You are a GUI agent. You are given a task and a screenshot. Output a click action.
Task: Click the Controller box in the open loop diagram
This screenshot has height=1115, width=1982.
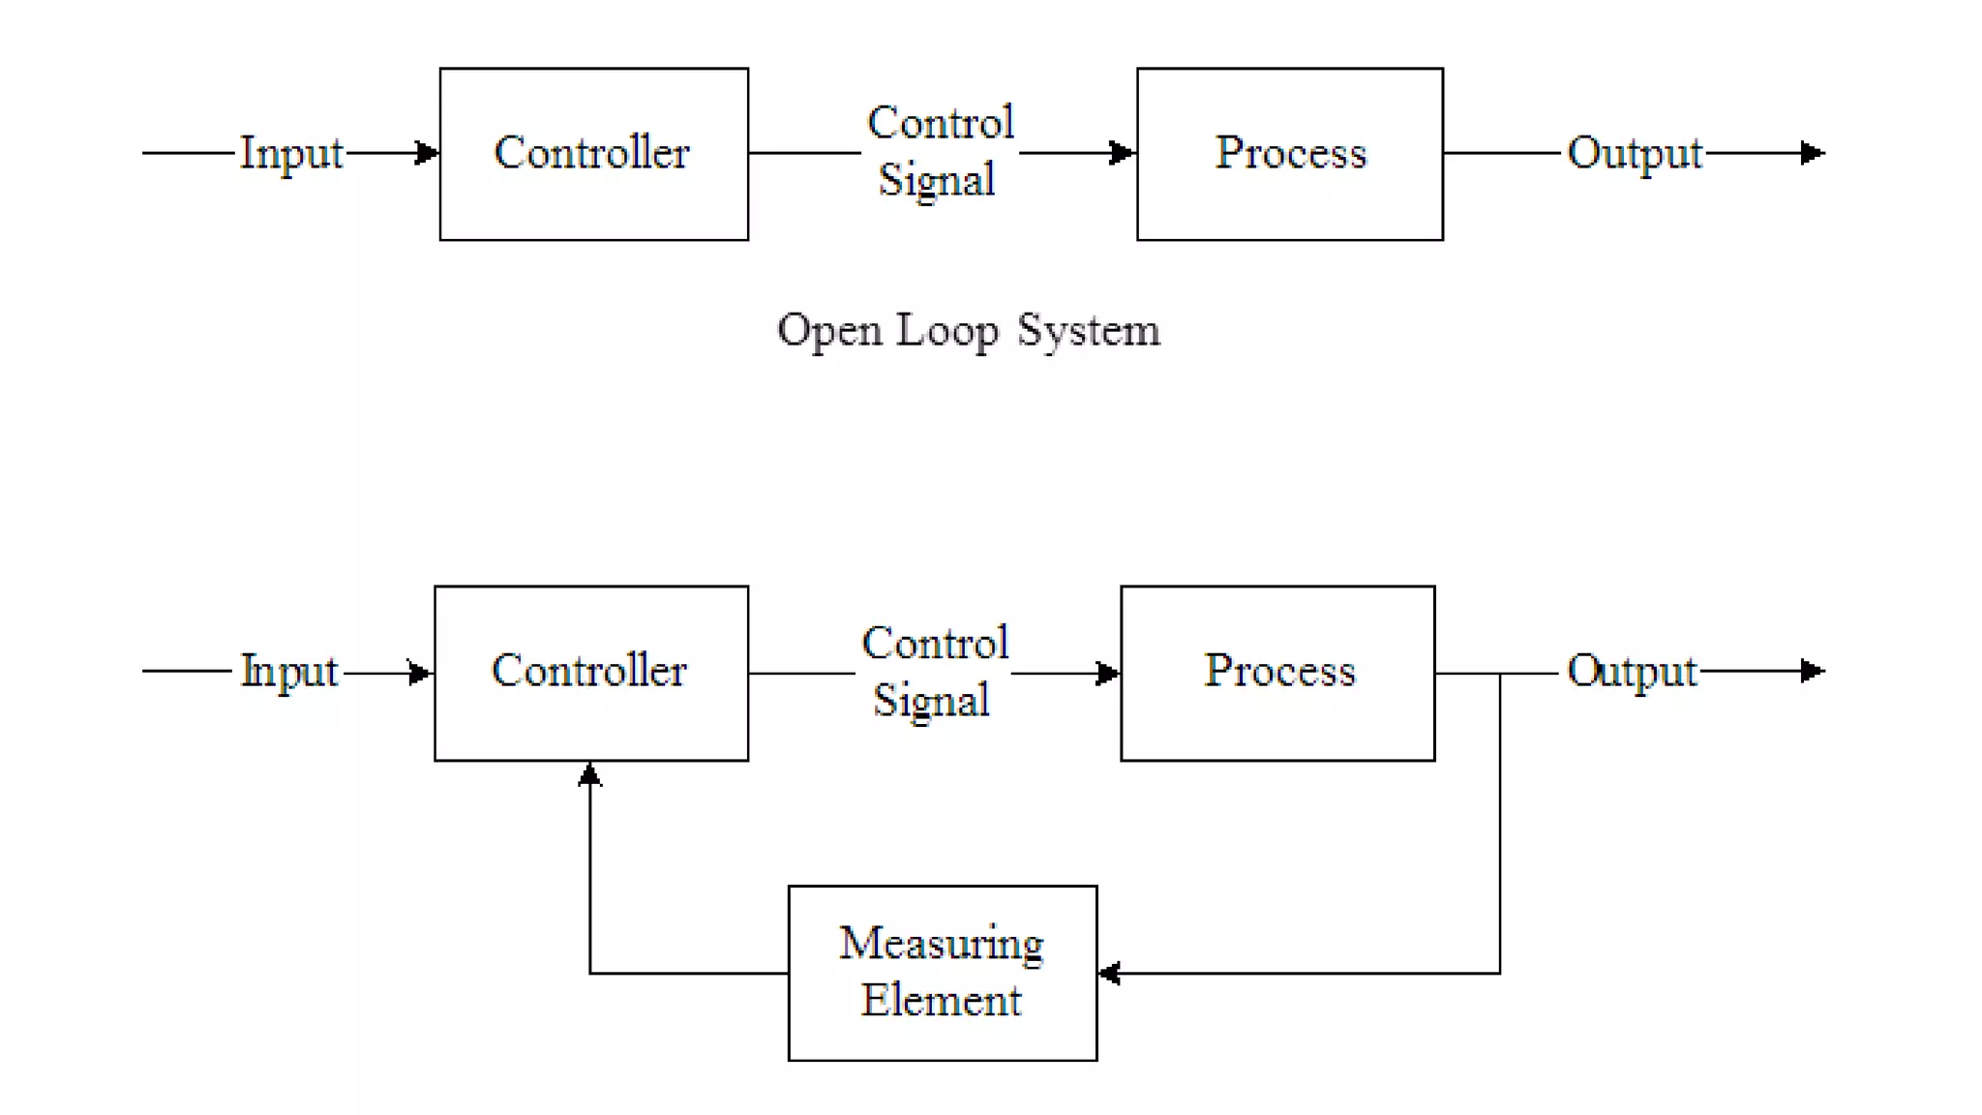tap(593, 154)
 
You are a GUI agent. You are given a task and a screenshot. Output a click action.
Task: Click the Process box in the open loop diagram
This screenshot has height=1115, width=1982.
tap(1289, 154)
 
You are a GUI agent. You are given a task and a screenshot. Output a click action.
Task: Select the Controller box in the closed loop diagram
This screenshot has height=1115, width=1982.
tap(590, 673)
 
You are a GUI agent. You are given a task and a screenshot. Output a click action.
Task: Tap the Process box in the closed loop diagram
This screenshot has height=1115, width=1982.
tap(1277, 673)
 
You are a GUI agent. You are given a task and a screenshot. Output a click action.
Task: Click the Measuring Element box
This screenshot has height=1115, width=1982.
tap(942, 973)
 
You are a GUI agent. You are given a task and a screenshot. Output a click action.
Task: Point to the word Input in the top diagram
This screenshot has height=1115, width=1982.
tap(290, 154)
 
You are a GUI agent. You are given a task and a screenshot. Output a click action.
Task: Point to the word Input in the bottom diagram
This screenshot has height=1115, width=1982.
tap(288, 672)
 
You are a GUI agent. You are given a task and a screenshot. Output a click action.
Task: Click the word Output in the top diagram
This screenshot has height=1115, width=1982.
tap(1634, 154)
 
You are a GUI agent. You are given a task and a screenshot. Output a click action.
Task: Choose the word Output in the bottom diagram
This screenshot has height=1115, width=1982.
tap(1632, 672)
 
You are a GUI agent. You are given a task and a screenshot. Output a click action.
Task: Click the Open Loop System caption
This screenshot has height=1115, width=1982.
tap(968, 331)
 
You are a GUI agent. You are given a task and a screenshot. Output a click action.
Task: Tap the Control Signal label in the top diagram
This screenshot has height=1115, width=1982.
tap(938, 151)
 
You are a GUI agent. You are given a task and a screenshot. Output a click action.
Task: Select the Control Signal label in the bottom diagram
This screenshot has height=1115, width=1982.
tap(933, 672)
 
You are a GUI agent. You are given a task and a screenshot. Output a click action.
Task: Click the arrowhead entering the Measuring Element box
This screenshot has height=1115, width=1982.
tap(1110, 974)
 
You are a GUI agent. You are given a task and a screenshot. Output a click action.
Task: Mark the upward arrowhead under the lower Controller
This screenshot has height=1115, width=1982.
tap(590, 774)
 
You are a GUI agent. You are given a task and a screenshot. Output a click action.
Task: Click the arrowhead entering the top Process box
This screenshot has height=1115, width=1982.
tap(1123, 153)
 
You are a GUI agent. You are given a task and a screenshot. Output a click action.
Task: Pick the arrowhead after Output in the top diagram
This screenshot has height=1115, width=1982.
tap(1813, 153)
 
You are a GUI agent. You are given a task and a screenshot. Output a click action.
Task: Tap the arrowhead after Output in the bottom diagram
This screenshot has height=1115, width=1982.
tap(1813, 671)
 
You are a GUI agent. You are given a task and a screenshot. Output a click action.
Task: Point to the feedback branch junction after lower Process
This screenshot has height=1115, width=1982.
tap(1500, 674)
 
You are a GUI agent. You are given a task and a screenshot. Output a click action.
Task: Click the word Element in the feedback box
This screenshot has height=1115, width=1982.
tap(941, 1001)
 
